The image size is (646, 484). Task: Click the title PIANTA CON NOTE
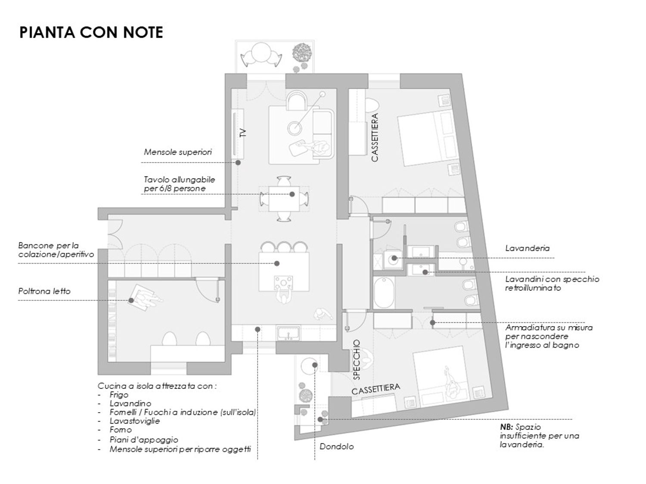click(91, 32)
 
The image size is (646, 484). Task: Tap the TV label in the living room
click(243, 133)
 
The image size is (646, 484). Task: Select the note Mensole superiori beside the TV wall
click(178, 152)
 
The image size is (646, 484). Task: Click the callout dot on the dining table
click(292, 194)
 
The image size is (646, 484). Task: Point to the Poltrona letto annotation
click(44, 291)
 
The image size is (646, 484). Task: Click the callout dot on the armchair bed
click(131, 300)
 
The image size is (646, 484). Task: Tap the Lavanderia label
click(528, 248)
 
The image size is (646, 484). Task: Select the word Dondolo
click(337, 447)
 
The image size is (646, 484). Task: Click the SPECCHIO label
click(357, 360)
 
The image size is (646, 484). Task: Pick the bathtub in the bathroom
click(384, 293)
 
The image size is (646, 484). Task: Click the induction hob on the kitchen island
click(283, 283)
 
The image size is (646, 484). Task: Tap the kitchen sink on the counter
click(289, 333)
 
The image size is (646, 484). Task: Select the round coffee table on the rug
click(295, 127)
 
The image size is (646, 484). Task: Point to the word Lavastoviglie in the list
click(135, 421)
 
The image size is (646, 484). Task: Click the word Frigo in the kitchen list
click(119, 395)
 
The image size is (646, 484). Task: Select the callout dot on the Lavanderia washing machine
click(394, 258)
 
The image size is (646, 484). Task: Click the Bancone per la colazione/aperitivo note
click(56, 250)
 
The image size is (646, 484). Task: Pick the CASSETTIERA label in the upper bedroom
click(375, 137)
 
